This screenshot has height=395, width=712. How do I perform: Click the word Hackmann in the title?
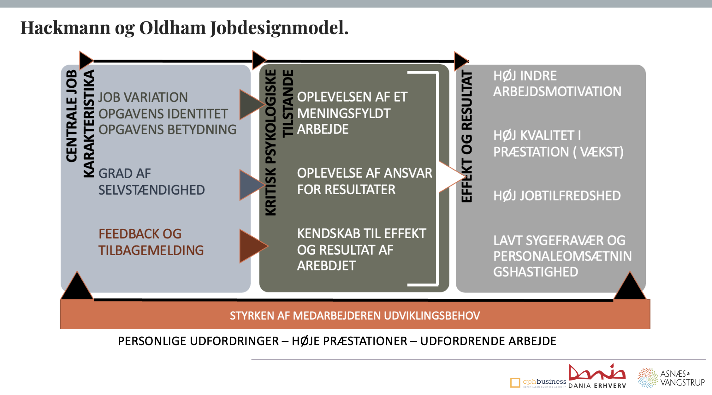(65, 28)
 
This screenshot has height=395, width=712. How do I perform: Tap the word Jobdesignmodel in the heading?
(279, 28)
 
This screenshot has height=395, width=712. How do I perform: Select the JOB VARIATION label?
(143, 97)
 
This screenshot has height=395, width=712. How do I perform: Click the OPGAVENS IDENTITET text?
(163, 114)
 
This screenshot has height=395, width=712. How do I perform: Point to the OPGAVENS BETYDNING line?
(167, 130)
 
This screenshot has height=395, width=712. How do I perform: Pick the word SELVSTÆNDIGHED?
(151, 190)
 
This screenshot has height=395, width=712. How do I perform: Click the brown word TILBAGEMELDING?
(151, 250)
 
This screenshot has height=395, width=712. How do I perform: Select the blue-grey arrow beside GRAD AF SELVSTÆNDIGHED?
(251, 185)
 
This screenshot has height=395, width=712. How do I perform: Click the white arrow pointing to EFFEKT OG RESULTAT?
(450, 177)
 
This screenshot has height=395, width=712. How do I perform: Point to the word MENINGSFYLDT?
(344, 113)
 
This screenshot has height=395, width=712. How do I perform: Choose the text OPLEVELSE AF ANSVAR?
(365, 173)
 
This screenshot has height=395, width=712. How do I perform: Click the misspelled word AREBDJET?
(326, 266)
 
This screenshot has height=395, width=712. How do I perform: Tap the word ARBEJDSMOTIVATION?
(557, 91)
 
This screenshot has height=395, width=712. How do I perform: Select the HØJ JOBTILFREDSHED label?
(557, 196)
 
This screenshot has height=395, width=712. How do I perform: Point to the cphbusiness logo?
(538, 382)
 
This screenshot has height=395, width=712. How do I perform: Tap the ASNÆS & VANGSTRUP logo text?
(682, 378)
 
